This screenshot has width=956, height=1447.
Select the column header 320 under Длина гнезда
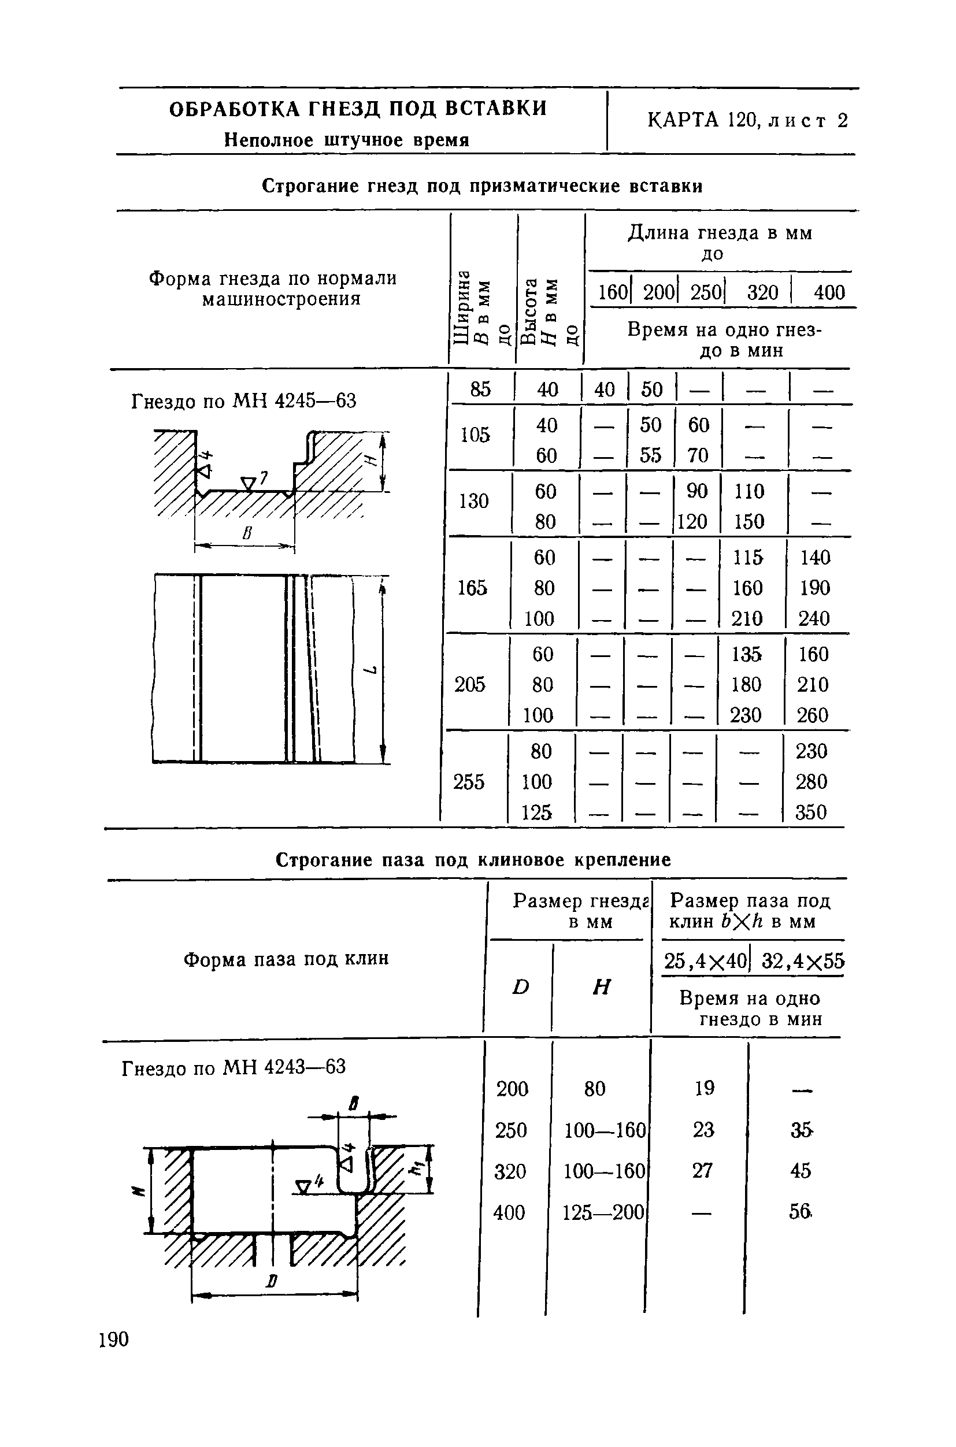click(763, 293)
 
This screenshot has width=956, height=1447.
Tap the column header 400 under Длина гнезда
click(829, 293)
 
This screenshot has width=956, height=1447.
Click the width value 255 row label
click(468, 781)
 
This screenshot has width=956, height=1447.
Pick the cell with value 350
click(811, 812)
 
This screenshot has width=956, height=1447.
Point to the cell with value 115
click(747, 558)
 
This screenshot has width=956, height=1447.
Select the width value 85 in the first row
click(480, 389)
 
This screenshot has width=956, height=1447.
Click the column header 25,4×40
click(705, 961)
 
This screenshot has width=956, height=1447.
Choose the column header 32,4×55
click(803, 961)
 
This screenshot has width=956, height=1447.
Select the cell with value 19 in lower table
click(704, 1088)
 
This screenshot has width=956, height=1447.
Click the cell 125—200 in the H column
click(603, 1212)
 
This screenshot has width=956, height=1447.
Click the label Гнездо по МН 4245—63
click(244, 402)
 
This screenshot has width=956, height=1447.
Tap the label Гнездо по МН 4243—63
click(234, 1068)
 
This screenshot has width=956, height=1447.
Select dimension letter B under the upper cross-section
click(246, 535)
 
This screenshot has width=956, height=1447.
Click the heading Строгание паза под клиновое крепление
click(473, 860)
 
